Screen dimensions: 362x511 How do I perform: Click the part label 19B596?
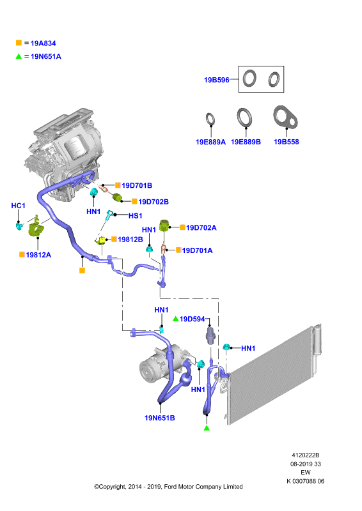(216, 80)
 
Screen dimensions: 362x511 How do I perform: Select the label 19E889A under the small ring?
(210, 142)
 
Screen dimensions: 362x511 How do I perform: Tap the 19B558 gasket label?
(287, 142)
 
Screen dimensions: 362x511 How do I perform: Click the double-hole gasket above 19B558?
(285, 116)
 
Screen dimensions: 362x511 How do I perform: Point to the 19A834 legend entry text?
(43, 43)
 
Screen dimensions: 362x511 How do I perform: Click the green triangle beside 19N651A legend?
(19, 56)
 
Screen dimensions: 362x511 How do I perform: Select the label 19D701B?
(137, 185)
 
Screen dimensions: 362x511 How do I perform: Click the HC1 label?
(19, 206)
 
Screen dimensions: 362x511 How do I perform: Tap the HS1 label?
(135, 216)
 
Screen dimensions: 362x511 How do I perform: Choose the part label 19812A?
(38, 255)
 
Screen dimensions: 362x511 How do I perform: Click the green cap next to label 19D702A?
(164, 225)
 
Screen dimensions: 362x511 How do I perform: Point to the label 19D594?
(193, 319)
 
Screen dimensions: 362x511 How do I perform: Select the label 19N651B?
(160, 418)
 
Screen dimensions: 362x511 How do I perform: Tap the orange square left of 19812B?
(114, 239)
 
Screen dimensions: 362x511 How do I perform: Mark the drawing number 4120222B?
(306, 455)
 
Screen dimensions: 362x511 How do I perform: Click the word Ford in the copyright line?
(169, 487)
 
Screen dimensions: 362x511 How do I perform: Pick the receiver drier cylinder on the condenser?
(317, 339)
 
